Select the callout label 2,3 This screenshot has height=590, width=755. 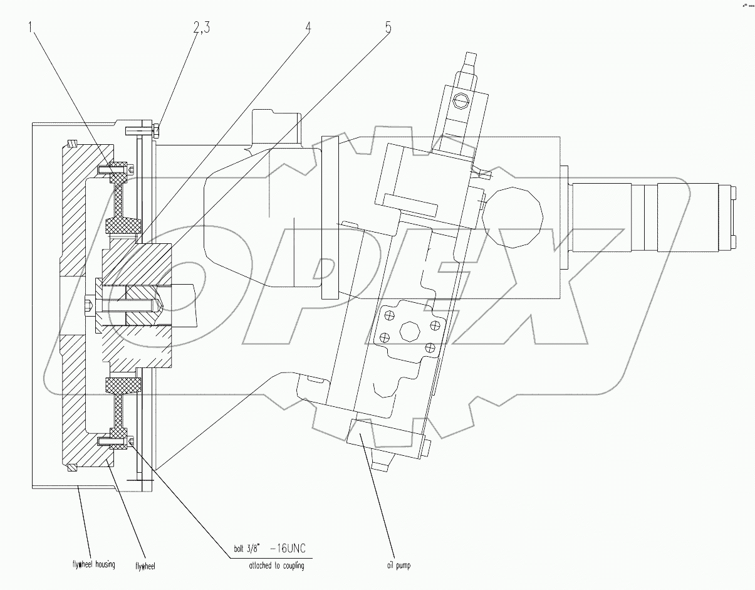coord(207,27)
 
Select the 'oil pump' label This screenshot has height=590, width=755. coord(398,566)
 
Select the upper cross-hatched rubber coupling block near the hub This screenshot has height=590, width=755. coord(123,224)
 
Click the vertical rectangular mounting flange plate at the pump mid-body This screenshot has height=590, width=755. coord(330,218)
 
